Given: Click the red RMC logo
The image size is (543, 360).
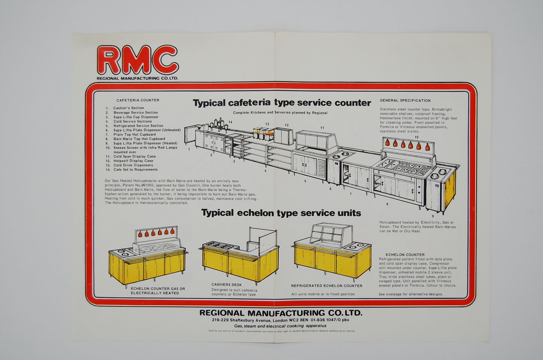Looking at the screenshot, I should (138, 60).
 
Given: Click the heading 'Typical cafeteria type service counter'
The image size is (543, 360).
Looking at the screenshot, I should (282, 103).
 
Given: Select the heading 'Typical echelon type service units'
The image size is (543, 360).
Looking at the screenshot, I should (281, 213).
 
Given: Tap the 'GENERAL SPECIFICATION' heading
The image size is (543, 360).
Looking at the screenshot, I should (405, 100).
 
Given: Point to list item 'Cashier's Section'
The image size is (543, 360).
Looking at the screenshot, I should (128, 108).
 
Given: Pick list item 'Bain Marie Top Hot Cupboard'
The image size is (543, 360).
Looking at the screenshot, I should (139, 139).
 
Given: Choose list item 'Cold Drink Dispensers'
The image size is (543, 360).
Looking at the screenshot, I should (133, 165).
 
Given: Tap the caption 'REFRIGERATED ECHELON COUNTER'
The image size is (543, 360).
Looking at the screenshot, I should (327, 286).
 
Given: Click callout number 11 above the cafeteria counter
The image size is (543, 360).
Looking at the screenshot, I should (322, 128).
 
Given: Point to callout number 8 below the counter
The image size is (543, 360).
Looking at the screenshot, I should (387, 204).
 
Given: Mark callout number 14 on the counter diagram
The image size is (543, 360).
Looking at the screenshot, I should (230, 122).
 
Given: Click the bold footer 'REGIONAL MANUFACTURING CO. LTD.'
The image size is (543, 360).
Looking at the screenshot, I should (280, 313).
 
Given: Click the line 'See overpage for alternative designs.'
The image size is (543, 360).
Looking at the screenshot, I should (410, 294).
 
